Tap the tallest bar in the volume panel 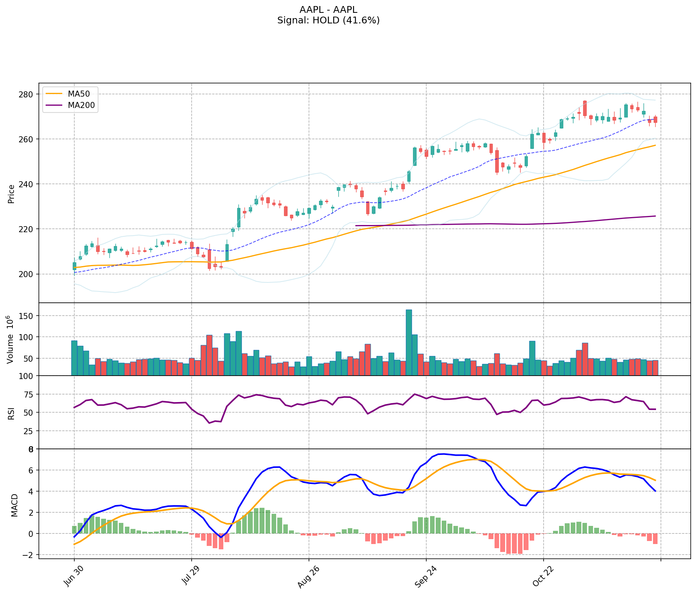pyautogui.click(x=409, y=342)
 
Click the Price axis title pyautogui.click(x=11, y=194)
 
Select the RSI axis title pyautogui.click(x=11, y=413)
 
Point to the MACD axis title pyautogui.click(x=14, y=505)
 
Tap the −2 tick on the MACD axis pyautogui.click(x=29, y=555)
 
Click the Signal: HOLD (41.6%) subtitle pyautogui.click(x=328, y=20)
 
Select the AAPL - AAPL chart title pyautogui.click(x=328, y=10)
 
